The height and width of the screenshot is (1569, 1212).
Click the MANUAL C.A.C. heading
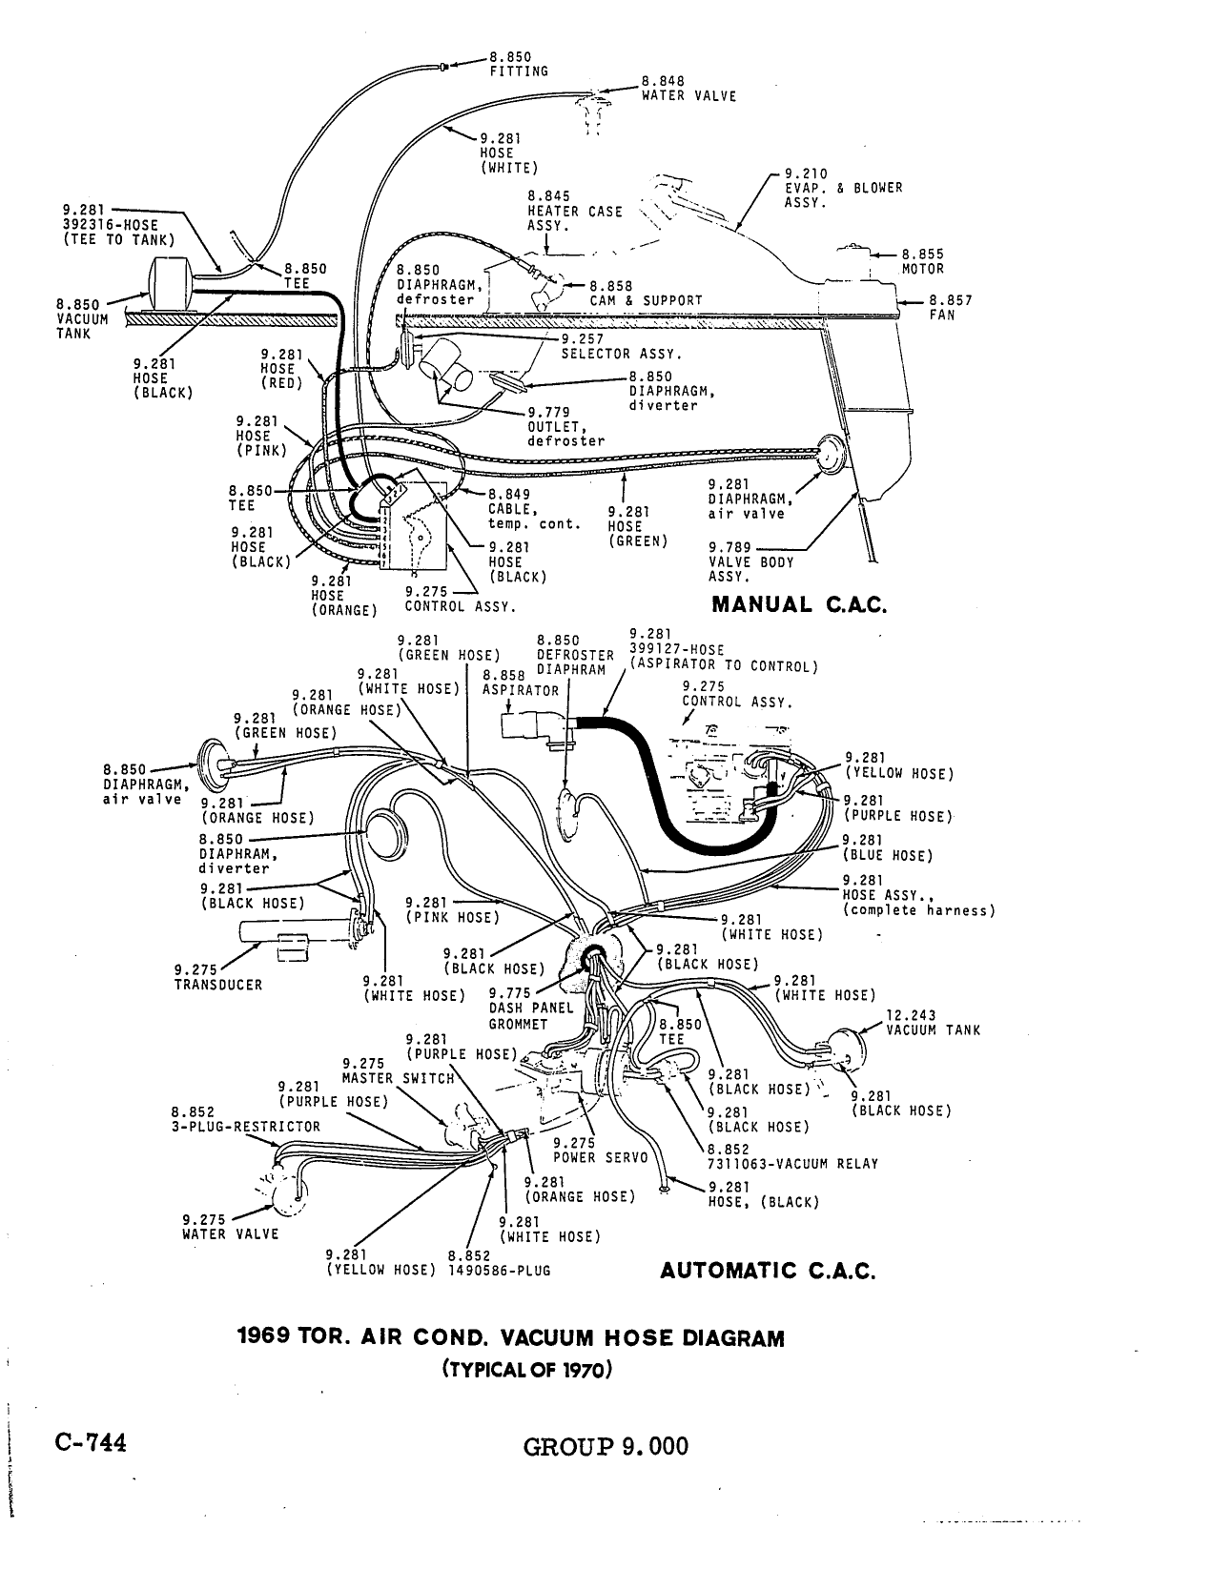click(x=799, y=604)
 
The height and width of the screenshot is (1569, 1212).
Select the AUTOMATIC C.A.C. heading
click(x=768, y=1271)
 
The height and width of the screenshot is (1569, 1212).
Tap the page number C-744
click(x=91, y=1442)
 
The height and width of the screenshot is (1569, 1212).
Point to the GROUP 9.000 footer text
click(x=606, y=1446)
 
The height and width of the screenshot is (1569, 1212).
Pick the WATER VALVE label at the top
click(x=689, y=96)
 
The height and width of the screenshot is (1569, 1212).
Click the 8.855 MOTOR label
click(x=922, y=261)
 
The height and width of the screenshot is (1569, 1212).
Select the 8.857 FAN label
click(x=951, y=308)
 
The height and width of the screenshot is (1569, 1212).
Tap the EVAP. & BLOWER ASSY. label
click(x=844, y=188)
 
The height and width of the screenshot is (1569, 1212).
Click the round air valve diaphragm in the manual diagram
click(x=835, y=455)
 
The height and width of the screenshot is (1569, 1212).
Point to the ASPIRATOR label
click(x=520, y=690)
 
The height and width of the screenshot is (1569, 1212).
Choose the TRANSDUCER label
click(x=218, y=985)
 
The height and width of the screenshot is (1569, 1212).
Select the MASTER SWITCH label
click(x=398, y=1079)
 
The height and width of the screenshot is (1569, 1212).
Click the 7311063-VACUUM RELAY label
click(x=793, y=1164)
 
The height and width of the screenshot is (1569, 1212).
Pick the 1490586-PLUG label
click(x=499, y=1270)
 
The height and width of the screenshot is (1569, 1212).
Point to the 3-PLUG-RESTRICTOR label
click(x=246, y=1127)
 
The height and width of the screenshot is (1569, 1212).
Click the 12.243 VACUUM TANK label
click(x=934, y=1023)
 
